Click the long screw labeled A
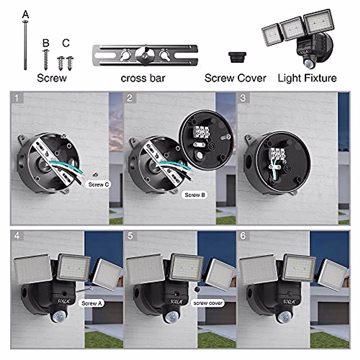point(25,45)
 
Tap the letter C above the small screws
point(66,43)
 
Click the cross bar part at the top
point(145,55)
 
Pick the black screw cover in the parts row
point(237,57)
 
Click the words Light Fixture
point(307,78)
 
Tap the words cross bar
point(143,78)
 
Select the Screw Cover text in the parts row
point(235,78)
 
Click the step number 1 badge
point(16,98)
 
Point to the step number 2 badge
point(130,98)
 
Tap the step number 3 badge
point(243,98)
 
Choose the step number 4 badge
point(17,236)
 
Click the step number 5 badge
point(130,236)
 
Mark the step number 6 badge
point(243,236)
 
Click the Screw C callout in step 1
point(98,184)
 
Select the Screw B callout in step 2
point(195,195)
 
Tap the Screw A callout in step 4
point(91,303)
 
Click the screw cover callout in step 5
point(208,303)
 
